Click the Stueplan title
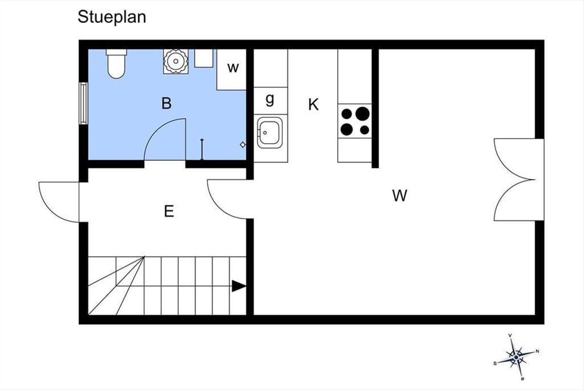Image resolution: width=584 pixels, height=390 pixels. (x=112, y=18)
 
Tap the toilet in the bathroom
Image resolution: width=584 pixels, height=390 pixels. (x=116, y=63)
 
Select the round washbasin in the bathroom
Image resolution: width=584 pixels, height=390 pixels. (x=176, y=61)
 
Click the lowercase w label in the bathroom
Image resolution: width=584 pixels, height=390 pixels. (x=233, y=68)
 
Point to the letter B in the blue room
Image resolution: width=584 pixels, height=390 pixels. (x=166, y=103)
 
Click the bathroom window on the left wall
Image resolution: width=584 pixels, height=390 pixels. (x=83, y=103)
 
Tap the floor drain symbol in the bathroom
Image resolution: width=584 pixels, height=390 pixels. (x=243, y=144)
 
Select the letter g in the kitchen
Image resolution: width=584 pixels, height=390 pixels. (x=270, y=99)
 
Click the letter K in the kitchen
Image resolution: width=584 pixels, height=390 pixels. (x=313, y=104)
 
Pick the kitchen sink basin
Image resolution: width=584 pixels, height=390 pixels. (x=270, y=133)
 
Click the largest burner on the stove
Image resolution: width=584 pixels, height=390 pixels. (x=363, y=114)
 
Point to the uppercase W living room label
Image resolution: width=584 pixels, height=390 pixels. (x=400, y=195)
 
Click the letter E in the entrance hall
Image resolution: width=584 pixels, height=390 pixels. (x=169, y=211)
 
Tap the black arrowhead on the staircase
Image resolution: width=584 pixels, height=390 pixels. (x=239, y=286)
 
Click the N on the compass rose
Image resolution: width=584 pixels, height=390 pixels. (x=537, y=351)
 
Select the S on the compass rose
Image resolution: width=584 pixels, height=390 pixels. (x=495, y=363)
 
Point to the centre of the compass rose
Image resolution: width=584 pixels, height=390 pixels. (x=516, y=357)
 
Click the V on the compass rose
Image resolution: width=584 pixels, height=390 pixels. (x=510, y=335)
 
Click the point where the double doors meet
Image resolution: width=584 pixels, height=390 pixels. (x=534, y=180)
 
